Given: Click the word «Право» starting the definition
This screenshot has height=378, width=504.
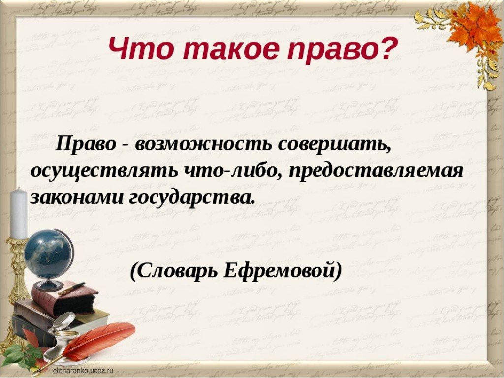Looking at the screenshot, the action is pos(86,143).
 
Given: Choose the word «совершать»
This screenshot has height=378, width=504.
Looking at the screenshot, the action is pos(335,144).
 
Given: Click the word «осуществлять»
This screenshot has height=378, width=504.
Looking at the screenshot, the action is pos(104,171).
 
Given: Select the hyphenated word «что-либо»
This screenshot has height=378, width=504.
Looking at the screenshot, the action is pos(233,170).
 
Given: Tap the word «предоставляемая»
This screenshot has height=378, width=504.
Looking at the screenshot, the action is pos(376,171).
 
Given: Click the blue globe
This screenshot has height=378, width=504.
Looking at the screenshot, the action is pos(48,254).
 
